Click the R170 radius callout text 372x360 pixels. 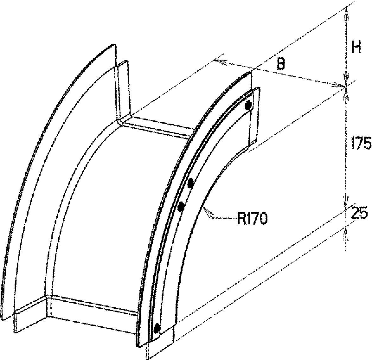tap(253, 218)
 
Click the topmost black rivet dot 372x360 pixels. tap(248, 105)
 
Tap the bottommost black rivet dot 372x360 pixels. tap(157, 328)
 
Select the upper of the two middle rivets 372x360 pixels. tap(190, 183)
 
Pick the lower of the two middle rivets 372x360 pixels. tap(181, 207)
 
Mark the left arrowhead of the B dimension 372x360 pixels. tap(220, 62)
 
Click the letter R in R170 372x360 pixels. tap(241, 218)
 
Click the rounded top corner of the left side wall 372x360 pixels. tap(113, 46)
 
